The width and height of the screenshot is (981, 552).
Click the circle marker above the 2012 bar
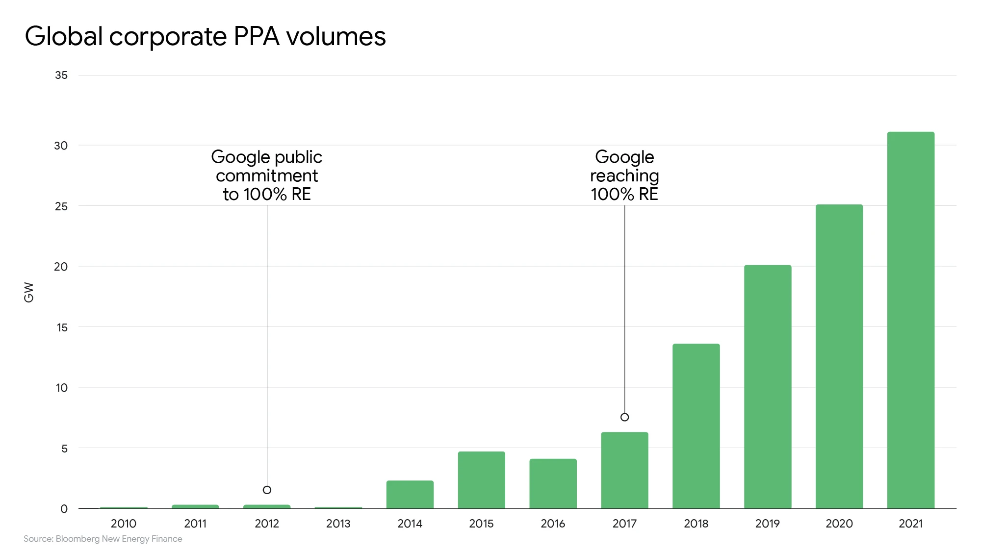point(267,490)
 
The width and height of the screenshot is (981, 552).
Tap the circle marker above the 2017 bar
point(624,417)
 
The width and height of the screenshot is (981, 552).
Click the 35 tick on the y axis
point(61,75)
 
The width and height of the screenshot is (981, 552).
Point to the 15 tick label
point(62,327)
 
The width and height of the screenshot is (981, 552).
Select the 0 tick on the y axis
point(64,509)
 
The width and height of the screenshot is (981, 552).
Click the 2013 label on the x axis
point(338,524)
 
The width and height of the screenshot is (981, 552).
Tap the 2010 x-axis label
point(124,524)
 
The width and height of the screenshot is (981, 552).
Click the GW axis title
point(29,292)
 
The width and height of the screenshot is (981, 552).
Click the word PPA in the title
point(256,36)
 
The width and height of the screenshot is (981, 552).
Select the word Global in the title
point(64,36)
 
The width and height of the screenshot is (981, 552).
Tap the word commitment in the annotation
point(267,176)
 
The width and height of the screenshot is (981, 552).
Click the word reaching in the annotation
point(624,176)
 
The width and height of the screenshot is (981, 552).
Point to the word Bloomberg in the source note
point(77,539)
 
